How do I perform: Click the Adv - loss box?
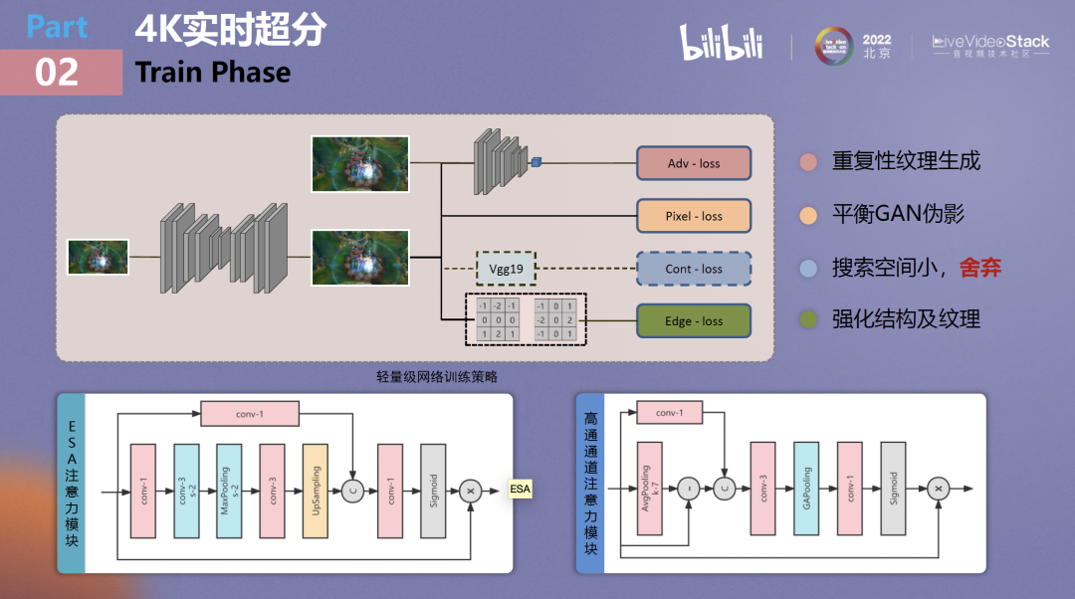click(693, 163)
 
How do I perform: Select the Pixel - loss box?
click(693, 216)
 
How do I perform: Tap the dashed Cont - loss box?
click(693, 269)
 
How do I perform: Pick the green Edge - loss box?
click(693, 321)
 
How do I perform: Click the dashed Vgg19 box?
click(506, 269)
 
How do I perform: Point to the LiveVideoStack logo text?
click(990, 42)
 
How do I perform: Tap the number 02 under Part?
click(57, 73)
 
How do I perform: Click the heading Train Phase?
click(213, 73)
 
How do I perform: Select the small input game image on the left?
click(98, 257)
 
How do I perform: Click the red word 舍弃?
click(980, 267)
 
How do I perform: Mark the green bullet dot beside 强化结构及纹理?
click(809, 319)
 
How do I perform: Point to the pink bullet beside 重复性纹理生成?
click(809, 161)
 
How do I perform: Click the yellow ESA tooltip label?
click(520, 490)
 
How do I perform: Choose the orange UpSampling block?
click(315, 491)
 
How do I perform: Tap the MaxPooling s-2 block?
click(229, 491)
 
